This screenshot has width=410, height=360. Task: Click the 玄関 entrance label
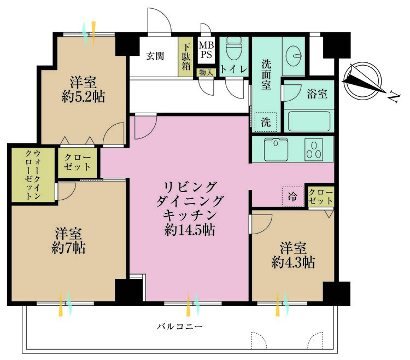[x=155, y=56]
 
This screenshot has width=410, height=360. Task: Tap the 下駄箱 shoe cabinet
[x=186, y=57]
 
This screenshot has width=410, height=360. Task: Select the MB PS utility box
[x=206, y=50]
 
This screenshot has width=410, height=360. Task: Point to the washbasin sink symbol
[x=294, y=55]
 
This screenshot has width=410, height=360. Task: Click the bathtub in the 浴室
[x=309, y=121]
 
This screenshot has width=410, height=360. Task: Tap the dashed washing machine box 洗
[x=266, y=122]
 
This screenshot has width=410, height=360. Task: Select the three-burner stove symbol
[x=314, y=150]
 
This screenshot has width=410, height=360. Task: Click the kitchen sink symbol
[x=276, y=149]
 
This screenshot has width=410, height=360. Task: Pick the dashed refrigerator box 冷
[x=292, y=196]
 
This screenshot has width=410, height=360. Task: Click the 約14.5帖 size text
[x=190, y=230]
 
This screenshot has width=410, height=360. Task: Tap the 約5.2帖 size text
[x=84, y=97]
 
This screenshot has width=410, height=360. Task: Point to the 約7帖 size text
[x=68, y=248]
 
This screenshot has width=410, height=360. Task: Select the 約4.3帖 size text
[x=293, y=262]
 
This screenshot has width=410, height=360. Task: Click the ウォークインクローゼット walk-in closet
[x=33, y=175]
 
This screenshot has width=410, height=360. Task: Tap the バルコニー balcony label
[x=180, y=327]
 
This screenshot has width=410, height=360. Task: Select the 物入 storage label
[x=206, y=73]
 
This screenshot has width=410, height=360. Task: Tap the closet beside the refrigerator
[x=321, y=197]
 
